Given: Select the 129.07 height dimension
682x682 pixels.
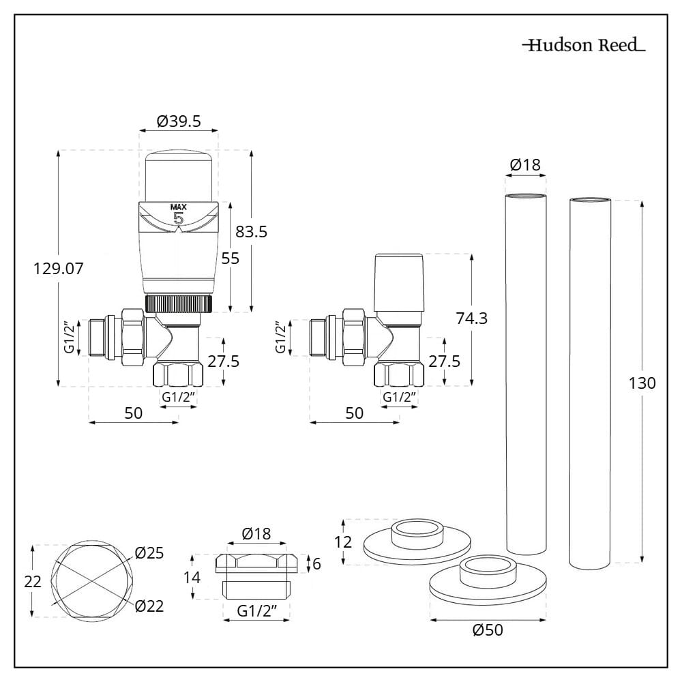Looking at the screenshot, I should click(x=59, y=269).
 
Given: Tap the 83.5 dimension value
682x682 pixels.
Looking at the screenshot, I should click(x=251, y=232).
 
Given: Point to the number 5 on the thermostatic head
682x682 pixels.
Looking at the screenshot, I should click(x=179, y=219).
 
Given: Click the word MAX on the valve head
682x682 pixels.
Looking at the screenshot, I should click(x=178, y=207).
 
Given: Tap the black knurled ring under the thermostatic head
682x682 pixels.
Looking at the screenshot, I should click(x=178, y=303).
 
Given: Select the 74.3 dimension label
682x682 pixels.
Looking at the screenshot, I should click(x=471, y=318).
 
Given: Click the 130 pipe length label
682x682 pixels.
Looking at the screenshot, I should click(x=642, y=383).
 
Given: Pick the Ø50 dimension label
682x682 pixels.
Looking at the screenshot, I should click(x=488, y=629).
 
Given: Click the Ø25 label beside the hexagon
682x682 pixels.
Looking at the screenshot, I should click(x=149, y=553).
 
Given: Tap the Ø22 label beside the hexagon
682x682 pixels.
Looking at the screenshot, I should click(x=149, y=605).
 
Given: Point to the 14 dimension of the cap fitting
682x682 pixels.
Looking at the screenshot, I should click(x=192, y=577).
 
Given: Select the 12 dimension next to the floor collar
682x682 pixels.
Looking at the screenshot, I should click(x=345, y=542).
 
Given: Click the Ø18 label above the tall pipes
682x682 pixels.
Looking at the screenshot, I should click(x=524, y=164).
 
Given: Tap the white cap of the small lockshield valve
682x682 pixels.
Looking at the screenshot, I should click(x=400, y=282).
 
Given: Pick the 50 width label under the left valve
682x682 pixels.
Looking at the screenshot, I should click(x=134, y=413).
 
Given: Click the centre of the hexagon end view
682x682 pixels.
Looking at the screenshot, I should click(x=91, y=580).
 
